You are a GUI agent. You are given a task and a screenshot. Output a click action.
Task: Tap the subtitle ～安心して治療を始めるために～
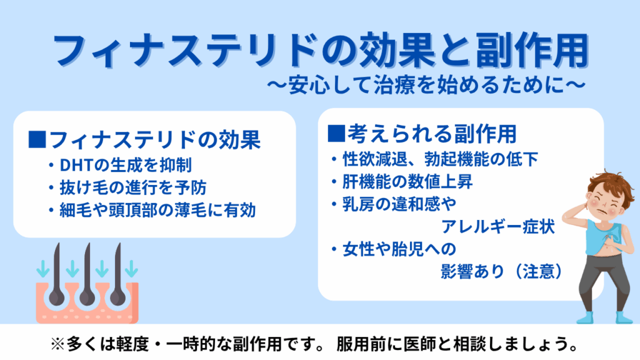pyautogui.click(x=426, y=85)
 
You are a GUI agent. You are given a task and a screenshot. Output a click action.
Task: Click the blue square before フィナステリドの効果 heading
pyautogui.click(x=37, y=139)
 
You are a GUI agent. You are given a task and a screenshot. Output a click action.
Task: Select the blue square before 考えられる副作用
pyautogui.click(x=336, y=133)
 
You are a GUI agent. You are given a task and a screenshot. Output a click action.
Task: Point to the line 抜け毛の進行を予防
pyautogui.click(x=133, y=187)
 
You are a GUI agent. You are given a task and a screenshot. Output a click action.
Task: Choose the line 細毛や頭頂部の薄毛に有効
pyautogui.click(x=157, y=210)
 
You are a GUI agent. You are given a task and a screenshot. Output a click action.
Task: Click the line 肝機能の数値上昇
pyautogui.click(x=407, y=182)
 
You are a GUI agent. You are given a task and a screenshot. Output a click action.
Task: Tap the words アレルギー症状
pyautogui.click(x=498, y=226)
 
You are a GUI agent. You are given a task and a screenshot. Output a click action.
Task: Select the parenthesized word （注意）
pyautogui.click(x=537, y=271)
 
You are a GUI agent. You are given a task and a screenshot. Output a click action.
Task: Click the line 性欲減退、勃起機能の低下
pyautogui.click(x=440, y=159)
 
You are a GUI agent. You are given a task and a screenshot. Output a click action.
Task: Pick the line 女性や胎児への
pyautogui.click(x=399, y=249)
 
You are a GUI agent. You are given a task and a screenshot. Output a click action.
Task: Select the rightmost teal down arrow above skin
pyautogui.click(x=131, y=269)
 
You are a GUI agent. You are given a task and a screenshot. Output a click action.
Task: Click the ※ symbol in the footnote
pyautogui.click(x=57, y=344)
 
